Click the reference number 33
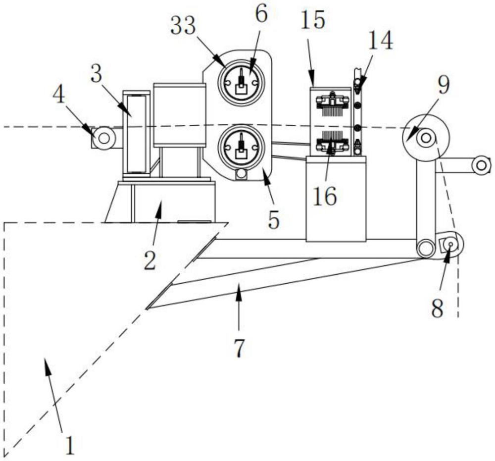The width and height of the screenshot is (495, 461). click(x=184, y=26)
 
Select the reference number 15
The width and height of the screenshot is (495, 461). click(x=313, y=20)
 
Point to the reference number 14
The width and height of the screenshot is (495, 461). click(x=381, y=41)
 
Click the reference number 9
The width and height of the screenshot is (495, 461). click(x=443, y=85)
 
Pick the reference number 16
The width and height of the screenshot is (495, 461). click(x=325, y=196)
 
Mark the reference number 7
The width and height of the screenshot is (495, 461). click(x=239, y=348)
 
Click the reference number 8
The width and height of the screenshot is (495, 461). click(x=438, y=308)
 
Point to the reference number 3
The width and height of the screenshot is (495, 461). click(x=97, y=75)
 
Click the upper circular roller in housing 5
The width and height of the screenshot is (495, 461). click(x=242, y=82)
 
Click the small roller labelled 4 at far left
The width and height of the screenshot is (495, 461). click(x=104, y=138)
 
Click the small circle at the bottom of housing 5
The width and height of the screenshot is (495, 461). click(x=242, y=173)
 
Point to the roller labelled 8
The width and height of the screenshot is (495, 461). click(x=450, y=244)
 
